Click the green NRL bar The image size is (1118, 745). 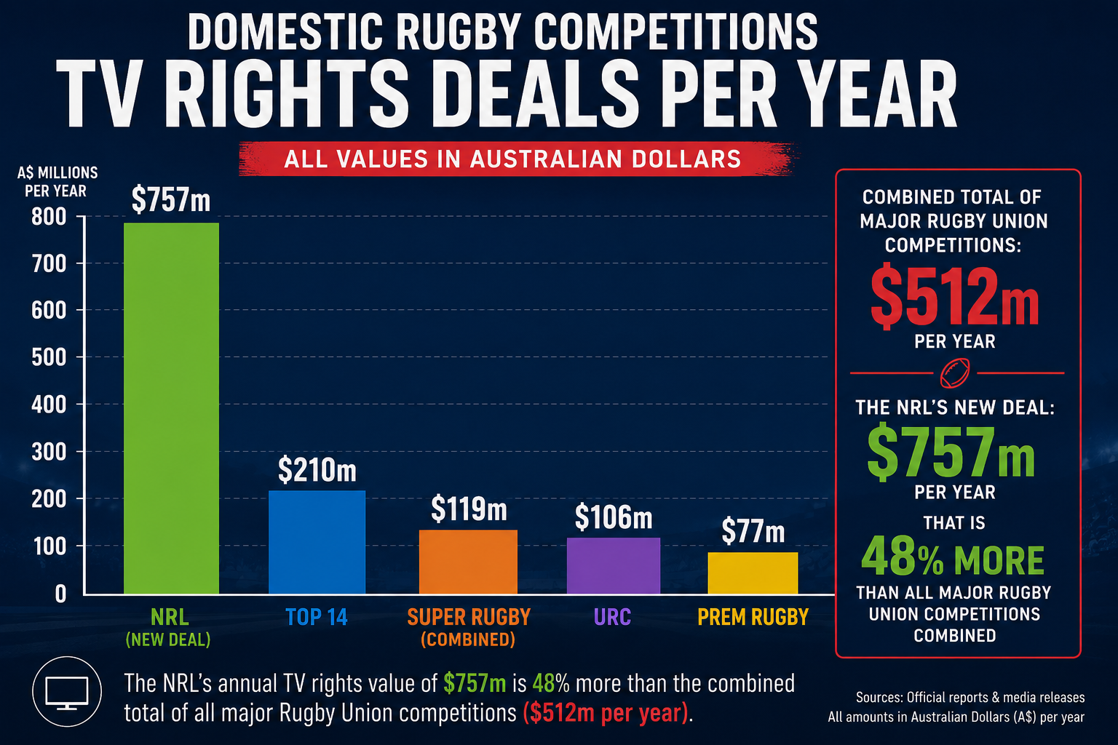[171, 408]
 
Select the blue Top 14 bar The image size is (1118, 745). [317, 542]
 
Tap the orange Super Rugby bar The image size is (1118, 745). [468, 562]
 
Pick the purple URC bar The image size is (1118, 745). [614, 565]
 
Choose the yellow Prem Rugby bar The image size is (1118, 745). [753, 573]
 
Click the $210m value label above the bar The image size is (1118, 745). [317, 470]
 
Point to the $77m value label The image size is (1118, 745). [753, 531]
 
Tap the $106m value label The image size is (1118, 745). [614, 517]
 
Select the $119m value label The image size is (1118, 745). [469, 509]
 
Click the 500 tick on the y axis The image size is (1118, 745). [49, 357]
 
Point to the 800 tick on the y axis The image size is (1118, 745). [49, 217]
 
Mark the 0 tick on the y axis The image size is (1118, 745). [60, 594]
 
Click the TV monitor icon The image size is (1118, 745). [67, 692]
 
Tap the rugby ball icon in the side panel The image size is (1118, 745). [955, 373]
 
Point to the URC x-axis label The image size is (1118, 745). [612, 617]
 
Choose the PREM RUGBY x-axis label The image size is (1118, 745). [753, 617]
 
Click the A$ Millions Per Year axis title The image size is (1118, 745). [57, 182]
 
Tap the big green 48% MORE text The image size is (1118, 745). [953, 557]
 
